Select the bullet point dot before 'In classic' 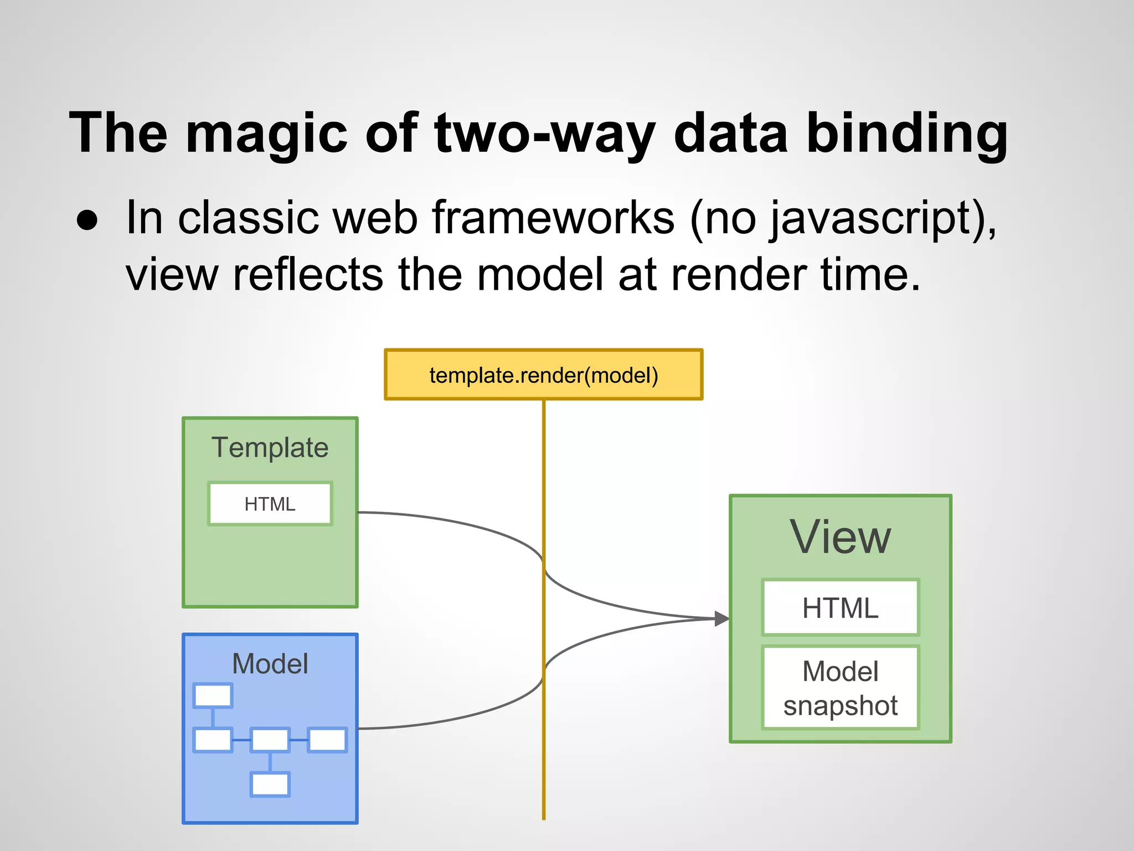(87, 220)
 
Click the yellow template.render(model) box (543, 375)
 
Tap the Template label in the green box (270, 448)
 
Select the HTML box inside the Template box (270, 504)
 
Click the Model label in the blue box (270, 664)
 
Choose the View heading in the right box (840, 537)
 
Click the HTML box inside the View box (840, 608)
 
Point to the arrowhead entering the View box (721, 618)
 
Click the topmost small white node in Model (213, 696)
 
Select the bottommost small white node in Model (270, 785)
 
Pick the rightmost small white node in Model (327, 740)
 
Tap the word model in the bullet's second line (539, 274)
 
